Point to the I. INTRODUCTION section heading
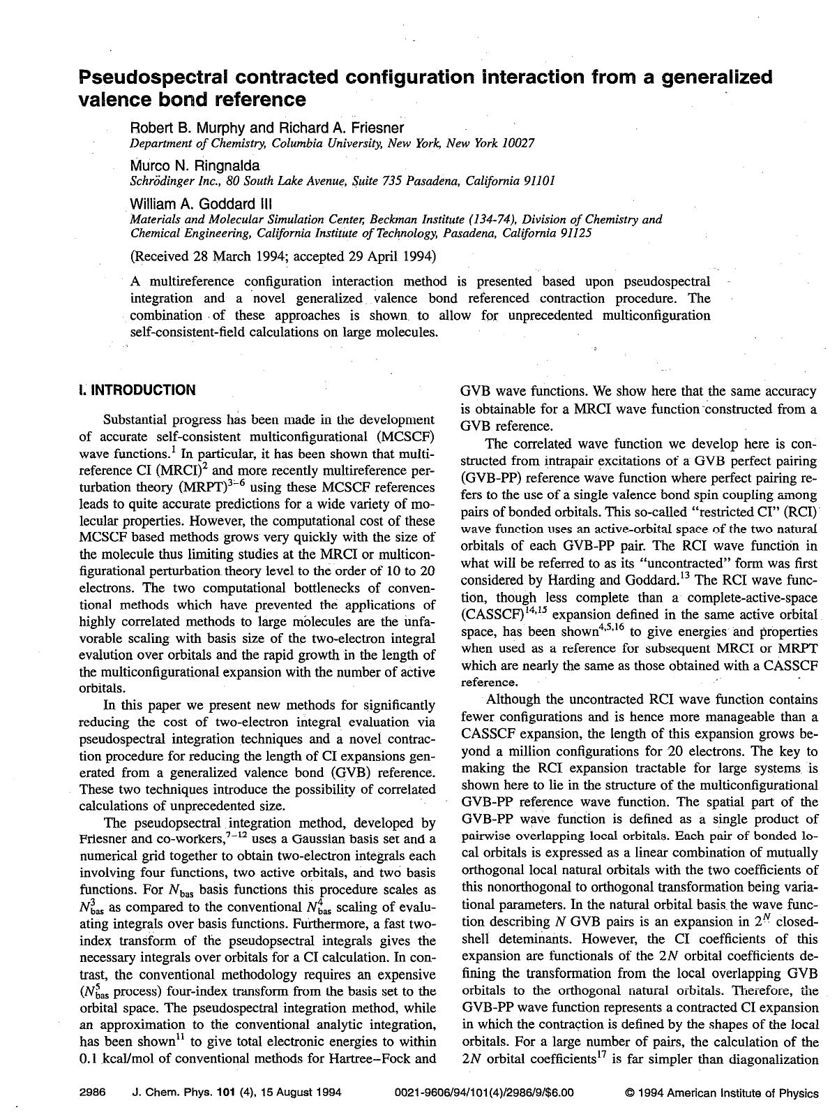click(x=137, y=390)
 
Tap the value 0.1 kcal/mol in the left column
click(x=123, y=1058)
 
